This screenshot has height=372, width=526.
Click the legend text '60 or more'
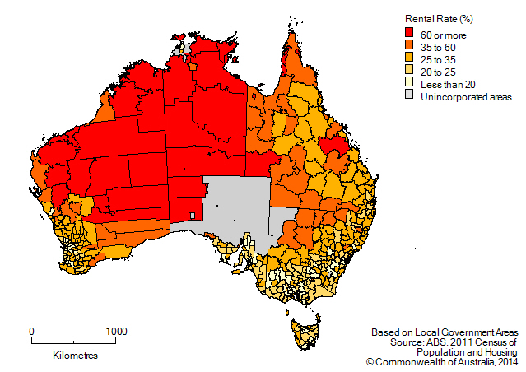(x=444, y=35)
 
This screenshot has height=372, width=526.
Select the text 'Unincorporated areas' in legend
(x=466, y=97)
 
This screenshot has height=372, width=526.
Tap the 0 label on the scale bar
(x=32, y=332)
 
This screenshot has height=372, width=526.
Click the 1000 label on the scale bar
(x=116, y=332)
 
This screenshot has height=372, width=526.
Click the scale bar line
(x=74, y=342)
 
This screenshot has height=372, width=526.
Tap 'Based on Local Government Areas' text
(x=444, y=331)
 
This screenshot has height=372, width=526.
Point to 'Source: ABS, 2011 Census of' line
(x=445, y=341)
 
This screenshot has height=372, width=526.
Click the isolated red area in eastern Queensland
(x=336, y=145)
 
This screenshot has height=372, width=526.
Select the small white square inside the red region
(x=192, y=216)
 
